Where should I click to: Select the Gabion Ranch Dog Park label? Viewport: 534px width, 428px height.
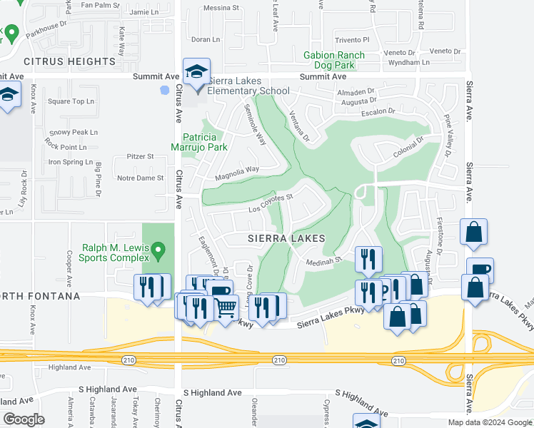pos(334,60)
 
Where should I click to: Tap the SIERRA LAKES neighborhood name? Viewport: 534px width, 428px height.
pos(287,238)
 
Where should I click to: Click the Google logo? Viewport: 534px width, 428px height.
pos(24,419)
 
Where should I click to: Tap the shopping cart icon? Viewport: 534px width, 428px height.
pos(227,308)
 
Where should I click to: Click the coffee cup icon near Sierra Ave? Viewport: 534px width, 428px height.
pos(479,270)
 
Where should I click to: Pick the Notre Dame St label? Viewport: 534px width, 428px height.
pos(140,178)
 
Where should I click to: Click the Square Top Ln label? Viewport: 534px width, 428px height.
pos(71,101)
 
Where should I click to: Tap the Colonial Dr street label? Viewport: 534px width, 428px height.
pos(408,146)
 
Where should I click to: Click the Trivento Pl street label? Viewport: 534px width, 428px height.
pos(353,40)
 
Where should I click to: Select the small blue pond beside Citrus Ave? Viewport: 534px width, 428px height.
pos(166,91)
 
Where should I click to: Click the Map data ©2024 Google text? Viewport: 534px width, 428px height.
pos(490,422)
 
